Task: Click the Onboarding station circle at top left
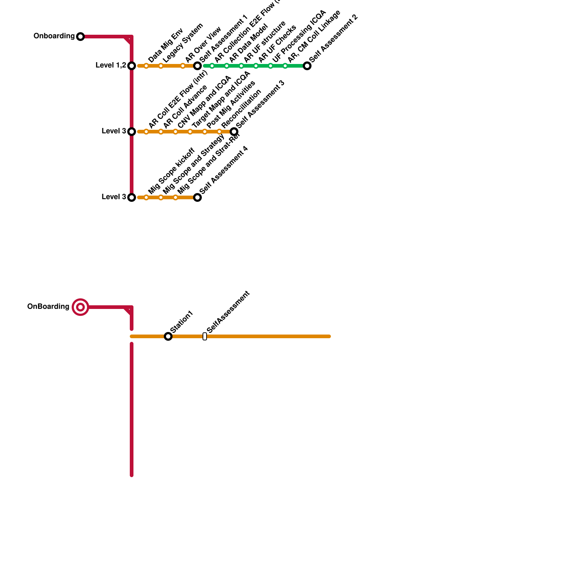tap(80, 37)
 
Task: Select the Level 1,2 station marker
tap(132, 66)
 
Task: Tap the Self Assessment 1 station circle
tap(197, 66)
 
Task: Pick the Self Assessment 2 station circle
tap(307, 66)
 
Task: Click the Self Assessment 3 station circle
tap(234, 132)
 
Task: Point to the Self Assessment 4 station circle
tap(197, 197)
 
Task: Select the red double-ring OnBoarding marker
tap(80, 307)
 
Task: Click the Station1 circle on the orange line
tap(168, 336)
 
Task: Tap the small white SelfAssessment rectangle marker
tap(205, 336)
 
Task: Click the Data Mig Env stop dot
tap(146, 66)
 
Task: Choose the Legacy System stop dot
tap(161, 66)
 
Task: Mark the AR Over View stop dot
tap(183, 66)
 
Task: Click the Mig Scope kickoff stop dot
tap(146, 197)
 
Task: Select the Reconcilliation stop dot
tap(219, 132)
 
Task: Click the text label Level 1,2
tap(111, 65)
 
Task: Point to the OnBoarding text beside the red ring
tap(48, 307)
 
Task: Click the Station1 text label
tap(182, 321)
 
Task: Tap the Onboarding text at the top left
tap(54, 36)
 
